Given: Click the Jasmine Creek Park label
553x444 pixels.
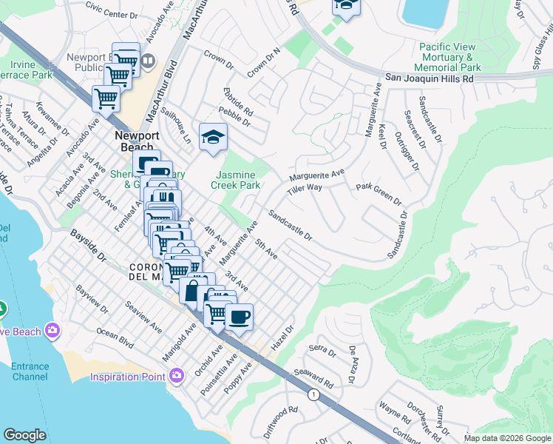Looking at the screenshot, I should (236, 180).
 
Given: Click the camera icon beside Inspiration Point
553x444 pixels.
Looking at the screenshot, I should (176, 377).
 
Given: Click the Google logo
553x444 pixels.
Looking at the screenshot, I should (24, 435).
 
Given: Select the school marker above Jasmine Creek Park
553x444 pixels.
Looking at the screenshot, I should (213, 137).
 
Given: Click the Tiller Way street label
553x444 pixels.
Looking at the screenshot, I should (304, 189).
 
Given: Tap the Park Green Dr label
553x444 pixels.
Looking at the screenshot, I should (379, 195).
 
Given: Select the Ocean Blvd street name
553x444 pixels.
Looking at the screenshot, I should (115, 340).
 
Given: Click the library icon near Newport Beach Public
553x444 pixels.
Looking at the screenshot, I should (148, 60).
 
